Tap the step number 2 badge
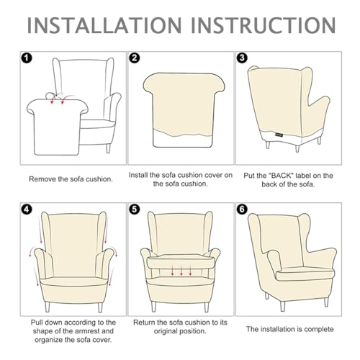tap(134, 58)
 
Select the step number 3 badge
tap(242, 58)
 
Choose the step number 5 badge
tap(134, 210)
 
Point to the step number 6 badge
tap(242, 210)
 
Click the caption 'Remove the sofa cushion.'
tap(71, 178)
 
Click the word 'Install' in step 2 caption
tap(140, 174)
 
